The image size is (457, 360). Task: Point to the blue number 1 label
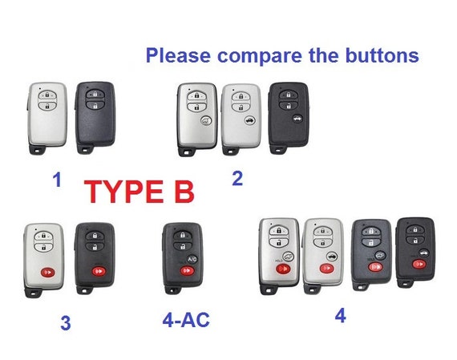57,180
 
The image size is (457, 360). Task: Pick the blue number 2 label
237,178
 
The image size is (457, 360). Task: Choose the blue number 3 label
65,324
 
